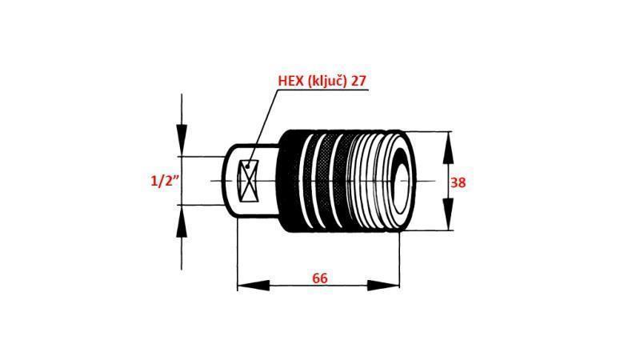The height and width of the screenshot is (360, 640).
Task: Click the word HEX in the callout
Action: (291, 80)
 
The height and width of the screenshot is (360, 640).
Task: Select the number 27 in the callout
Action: (360, 80)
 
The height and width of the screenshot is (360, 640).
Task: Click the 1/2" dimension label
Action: (164, 182)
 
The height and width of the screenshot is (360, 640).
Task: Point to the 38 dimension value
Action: (458, 182)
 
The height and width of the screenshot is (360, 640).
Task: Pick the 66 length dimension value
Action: (319, 278)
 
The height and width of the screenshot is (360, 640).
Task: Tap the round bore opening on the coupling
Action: (399, 181)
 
